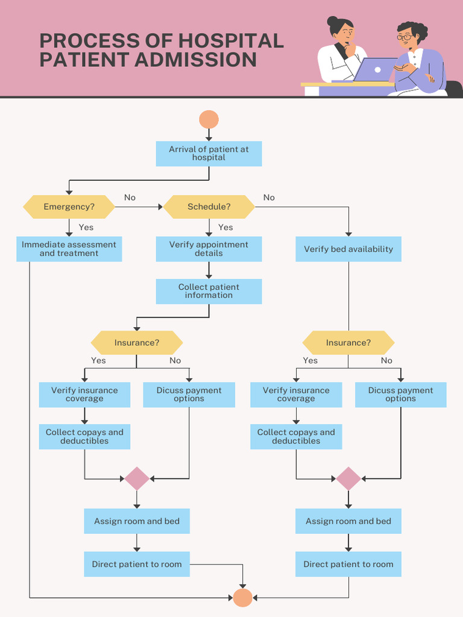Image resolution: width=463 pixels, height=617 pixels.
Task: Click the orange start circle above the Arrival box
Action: tap(209, 119)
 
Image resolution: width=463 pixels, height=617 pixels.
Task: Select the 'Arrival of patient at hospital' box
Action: tap(209, 154)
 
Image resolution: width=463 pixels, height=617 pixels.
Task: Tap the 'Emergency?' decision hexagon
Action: tap(69, 207)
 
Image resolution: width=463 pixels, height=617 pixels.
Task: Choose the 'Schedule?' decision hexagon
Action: tap(209, 207)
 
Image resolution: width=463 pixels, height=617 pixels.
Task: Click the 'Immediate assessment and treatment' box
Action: tap(69, 249)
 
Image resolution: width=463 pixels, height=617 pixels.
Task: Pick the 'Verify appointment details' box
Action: tap(209, 249)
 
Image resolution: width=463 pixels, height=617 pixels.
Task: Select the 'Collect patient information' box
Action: tap(209, 291)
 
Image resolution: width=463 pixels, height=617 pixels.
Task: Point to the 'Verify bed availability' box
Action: tap(348, 249)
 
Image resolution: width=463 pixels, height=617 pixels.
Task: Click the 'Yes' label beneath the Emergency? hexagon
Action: tap(86, 227)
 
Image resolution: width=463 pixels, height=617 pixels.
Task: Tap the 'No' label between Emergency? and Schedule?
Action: tap(130, 198)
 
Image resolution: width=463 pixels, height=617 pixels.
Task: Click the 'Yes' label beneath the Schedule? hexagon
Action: tap(225, 227)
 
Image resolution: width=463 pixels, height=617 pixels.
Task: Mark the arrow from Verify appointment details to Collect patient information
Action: tap(209, 271)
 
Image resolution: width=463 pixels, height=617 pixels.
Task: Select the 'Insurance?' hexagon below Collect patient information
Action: tap(137, 342)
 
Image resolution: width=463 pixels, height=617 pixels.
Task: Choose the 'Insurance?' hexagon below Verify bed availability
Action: tap(348, 342)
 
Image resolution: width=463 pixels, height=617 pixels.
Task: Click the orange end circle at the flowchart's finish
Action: tap(242, 598)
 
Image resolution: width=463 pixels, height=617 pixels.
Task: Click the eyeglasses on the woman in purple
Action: tap(404, 37)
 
